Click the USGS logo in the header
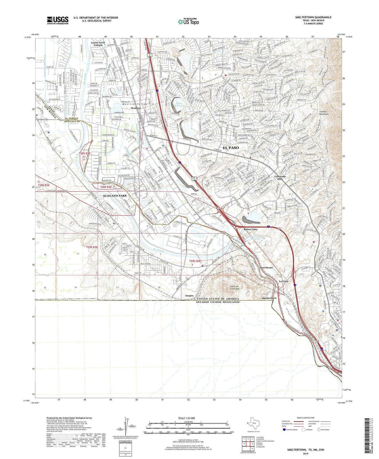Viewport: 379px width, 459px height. (x=58, y=20)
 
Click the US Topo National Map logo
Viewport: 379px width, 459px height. (x=188, y=21)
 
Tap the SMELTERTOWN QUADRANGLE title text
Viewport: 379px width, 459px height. (x=313, y=17)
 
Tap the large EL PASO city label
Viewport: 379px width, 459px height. (x=231, y=148)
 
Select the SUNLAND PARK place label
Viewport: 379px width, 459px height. (x=115, y=196)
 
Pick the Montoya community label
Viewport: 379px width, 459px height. (x=136, y=108)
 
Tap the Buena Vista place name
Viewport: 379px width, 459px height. (x=250, y=229)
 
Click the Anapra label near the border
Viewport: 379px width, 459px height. (x=189, y=295)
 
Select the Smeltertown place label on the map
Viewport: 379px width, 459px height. (x=269, y=298)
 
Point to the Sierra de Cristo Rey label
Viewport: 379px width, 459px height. (x=231, y=287)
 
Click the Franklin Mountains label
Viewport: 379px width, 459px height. (x=324, y=113)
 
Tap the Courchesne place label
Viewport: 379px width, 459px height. (x=266, y=267)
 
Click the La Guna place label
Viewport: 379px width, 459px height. (x=284, y=281)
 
